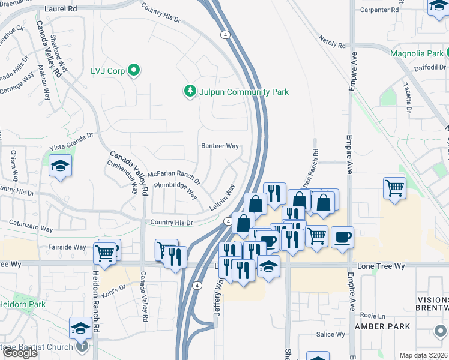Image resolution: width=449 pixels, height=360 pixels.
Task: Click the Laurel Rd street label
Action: coord(61,10)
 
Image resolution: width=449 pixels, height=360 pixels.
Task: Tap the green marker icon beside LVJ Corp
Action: coord(134,71)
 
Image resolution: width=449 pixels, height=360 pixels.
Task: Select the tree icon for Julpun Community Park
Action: coord(190,91)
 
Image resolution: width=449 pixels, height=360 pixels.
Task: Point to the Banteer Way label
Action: coord(220,146)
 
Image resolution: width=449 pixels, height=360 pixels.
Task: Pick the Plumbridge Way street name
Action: coord(175,190)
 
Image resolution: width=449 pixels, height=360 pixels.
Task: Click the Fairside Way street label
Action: coord(67,247)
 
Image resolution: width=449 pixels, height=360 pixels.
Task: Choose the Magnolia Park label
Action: coord(417,53)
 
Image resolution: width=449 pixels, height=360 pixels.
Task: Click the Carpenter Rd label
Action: coord(379,10)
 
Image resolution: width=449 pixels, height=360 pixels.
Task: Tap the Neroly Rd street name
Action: coord(333,46)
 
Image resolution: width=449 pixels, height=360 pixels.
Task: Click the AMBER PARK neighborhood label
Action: coord(382,326)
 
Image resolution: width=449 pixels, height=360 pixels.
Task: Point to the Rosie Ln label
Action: coord(367,315)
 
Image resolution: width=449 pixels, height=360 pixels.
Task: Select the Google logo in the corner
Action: coord(20,353)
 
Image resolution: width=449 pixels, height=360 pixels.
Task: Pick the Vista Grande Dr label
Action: coord(72,142)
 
